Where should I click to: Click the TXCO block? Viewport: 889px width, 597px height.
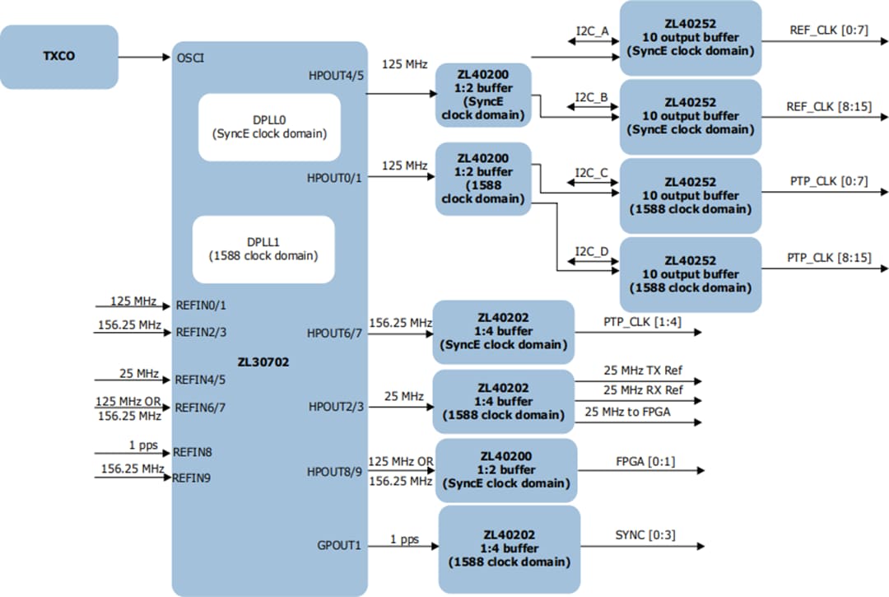point(58,58)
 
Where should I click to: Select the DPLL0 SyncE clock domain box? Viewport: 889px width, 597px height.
point(258,127)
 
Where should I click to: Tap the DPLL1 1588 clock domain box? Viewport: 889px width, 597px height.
point(263,249)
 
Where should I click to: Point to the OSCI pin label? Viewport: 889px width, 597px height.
point(190,58)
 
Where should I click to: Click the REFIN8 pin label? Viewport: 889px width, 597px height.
point(192,452)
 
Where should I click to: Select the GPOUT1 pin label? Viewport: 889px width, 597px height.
point(339,544)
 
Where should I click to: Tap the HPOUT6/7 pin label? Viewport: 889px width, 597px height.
point(334,333)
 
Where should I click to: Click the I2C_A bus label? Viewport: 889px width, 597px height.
point(592,31)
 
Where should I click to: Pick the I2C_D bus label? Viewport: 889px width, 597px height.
point(592,251)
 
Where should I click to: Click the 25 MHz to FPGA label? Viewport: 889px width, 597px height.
point(626,411)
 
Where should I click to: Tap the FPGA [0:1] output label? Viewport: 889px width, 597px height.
point(645,461)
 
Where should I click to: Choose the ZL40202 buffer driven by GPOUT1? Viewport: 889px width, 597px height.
point(509,548)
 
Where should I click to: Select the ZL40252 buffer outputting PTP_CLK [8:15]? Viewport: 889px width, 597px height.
point(690,274)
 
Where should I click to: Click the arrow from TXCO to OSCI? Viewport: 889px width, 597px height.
point(144,58)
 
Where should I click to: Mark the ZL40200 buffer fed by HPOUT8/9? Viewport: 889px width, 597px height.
point(505,470)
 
